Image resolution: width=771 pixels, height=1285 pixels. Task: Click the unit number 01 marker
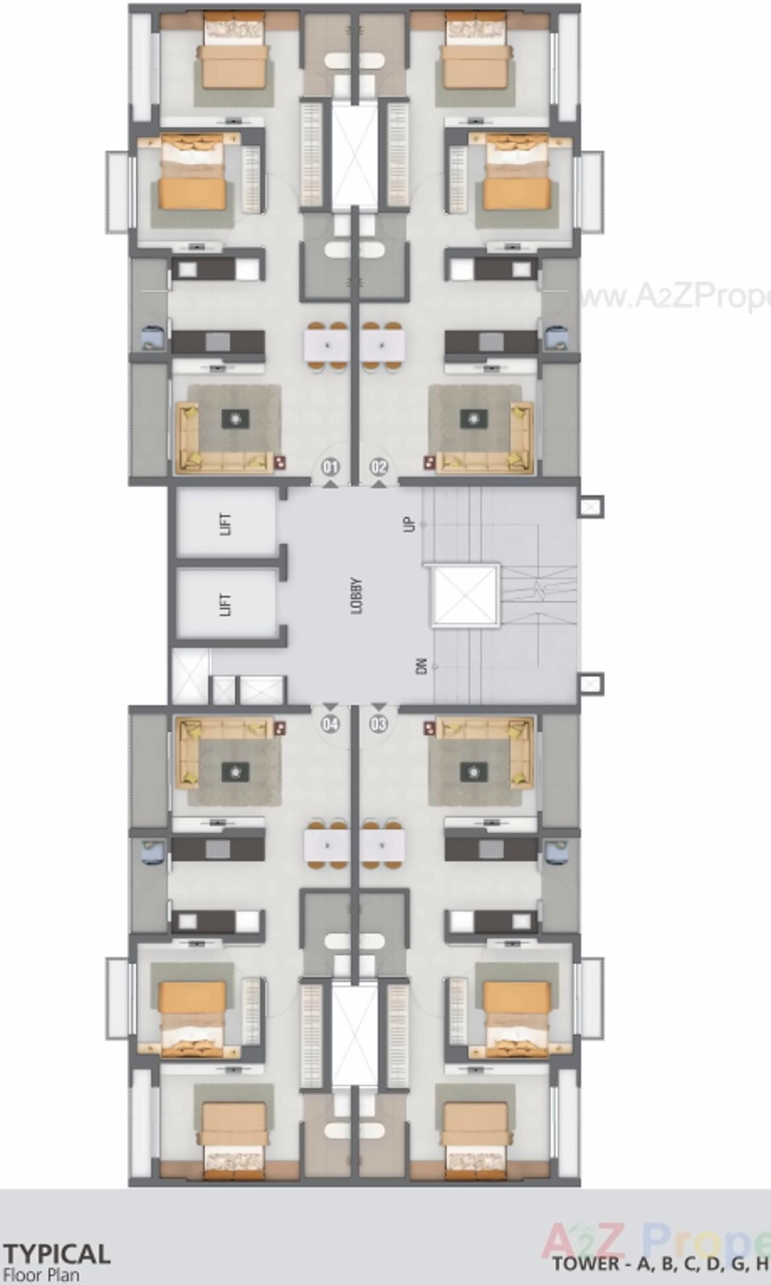(330, 467)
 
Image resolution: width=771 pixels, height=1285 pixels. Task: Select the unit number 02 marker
(379, 467)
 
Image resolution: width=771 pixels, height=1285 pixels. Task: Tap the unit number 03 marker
(379, 724)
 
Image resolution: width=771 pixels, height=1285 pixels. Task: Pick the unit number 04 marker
(330, 724)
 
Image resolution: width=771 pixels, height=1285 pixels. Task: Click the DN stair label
(421, 666)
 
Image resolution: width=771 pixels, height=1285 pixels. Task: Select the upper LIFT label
(226, 523)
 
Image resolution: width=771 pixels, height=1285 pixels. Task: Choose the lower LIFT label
(226, 604)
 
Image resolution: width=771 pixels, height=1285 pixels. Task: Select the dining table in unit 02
(383, 346)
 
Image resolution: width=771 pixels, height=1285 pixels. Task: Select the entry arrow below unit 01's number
(330, 484)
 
